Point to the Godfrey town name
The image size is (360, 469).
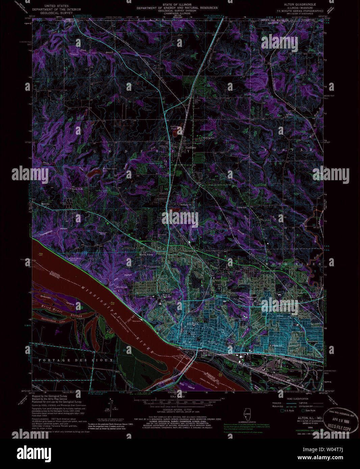point(191,147)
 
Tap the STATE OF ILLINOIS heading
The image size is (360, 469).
point(177,4)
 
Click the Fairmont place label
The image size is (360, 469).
point(122,287)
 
